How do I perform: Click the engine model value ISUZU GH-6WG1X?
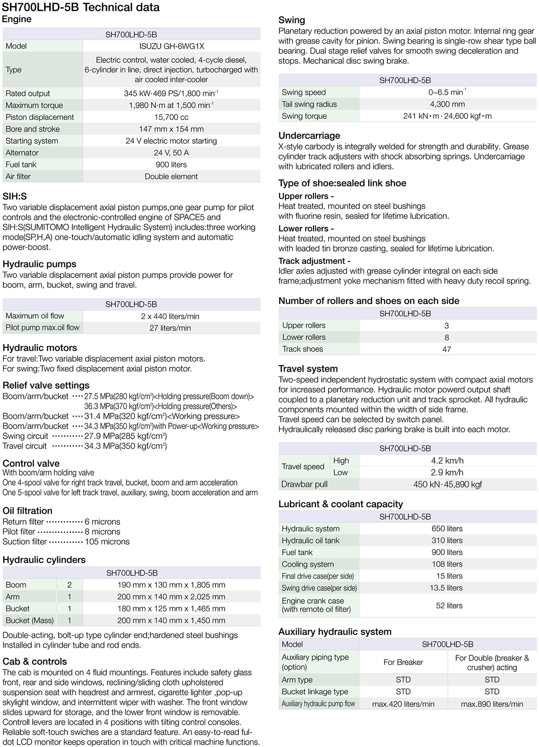tap(171, 46)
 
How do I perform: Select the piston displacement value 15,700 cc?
tap(171, 117)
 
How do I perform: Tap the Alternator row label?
tap(22, 153)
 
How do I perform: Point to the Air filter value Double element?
tap(171, 176)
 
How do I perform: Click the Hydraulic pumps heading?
tap(39, 264)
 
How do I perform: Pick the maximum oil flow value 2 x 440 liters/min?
tap(170, 316)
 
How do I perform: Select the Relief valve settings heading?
tap(46, 385)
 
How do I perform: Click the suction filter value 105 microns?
tap(107, 542)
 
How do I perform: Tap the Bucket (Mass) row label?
tap(29, 620)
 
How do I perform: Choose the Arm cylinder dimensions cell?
tap(171, 597)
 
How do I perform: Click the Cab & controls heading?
tap(35, 661)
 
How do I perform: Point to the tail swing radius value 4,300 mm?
tap(447, 104)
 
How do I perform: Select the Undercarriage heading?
tap(309, 136)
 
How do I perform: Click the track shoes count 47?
tap(447, 349)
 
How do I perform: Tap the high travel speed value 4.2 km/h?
tap(447, 460)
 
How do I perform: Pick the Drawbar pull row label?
tap(304, 484)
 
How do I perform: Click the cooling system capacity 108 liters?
tap(447, 564)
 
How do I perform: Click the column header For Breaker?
tap(403, 662)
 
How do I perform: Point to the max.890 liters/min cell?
tap(492, 704)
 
